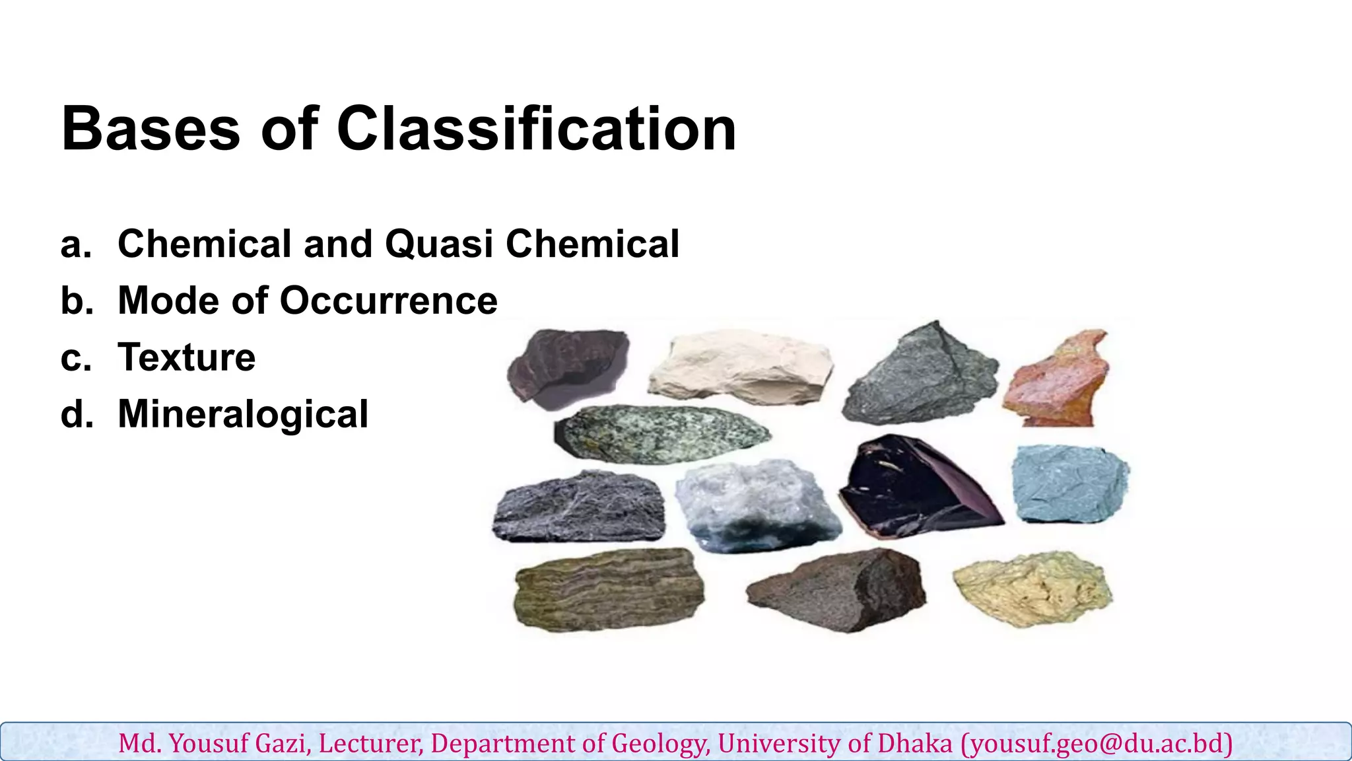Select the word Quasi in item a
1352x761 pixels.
pyautogui.click(x=439, y=244)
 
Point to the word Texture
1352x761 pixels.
pyautogui.click(x=187, y=357)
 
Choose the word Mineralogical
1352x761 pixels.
pyautogui.click(x=243, y=414)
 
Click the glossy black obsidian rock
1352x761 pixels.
pyautogui.click(x=918, y=489)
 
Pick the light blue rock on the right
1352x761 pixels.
pyautogui.click(x=1069, y=484)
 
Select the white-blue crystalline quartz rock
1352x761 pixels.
pyautogui.click(x=756, y=505)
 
